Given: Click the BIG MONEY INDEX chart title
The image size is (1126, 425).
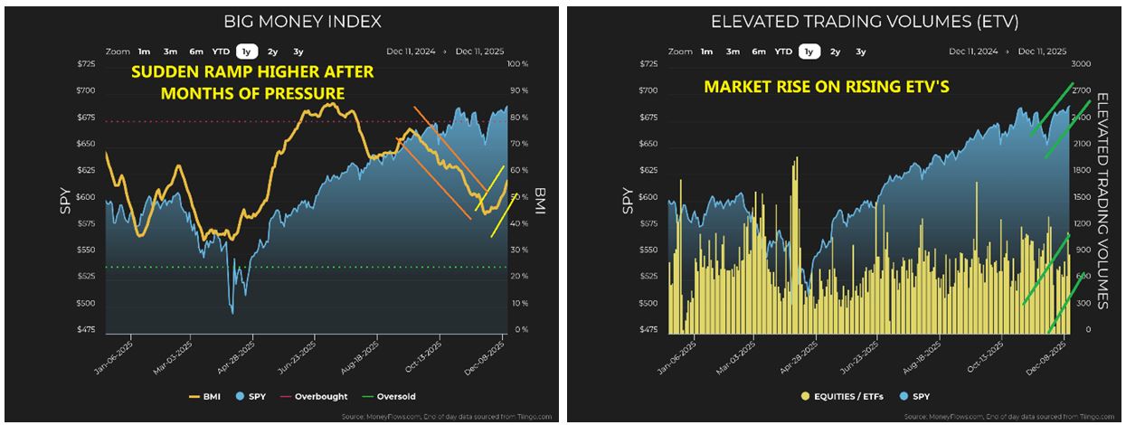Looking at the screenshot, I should pyautogui.click(x=302, y=21).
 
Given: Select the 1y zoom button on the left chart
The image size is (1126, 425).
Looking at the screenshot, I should pyautogui.click(x=244, y=52).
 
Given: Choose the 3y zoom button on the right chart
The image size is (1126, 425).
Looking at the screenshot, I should pyautogui.click(x=860, y=52).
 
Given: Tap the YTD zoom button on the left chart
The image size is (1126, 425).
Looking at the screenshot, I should pyautogui.click(x=221, y=52).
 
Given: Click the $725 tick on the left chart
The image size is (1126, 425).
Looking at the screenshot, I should pyautogui.click(x=85, y=64).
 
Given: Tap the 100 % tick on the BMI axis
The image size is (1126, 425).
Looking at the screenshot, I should pyautogui.click(x=518, y=64).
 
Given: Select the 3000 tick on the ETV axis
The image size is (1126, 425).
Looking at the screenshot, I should pyautogui.click(x=1081, y=64).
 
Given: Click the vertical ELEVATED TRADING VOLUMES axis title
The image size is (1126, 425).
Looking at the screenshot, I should pyautogui.click(x=1102, y=199).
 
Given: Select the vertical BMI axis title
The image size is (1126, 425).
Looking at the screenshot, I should pyautogui.click(x=540, y=199).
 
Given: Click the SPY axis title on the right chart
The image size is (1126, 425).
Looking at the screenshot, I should pyautogui.click(x=628, y=199).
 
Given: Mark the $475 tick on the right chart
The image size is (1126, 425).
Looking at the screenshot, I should pyautogui.click(x=648, y=330).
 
